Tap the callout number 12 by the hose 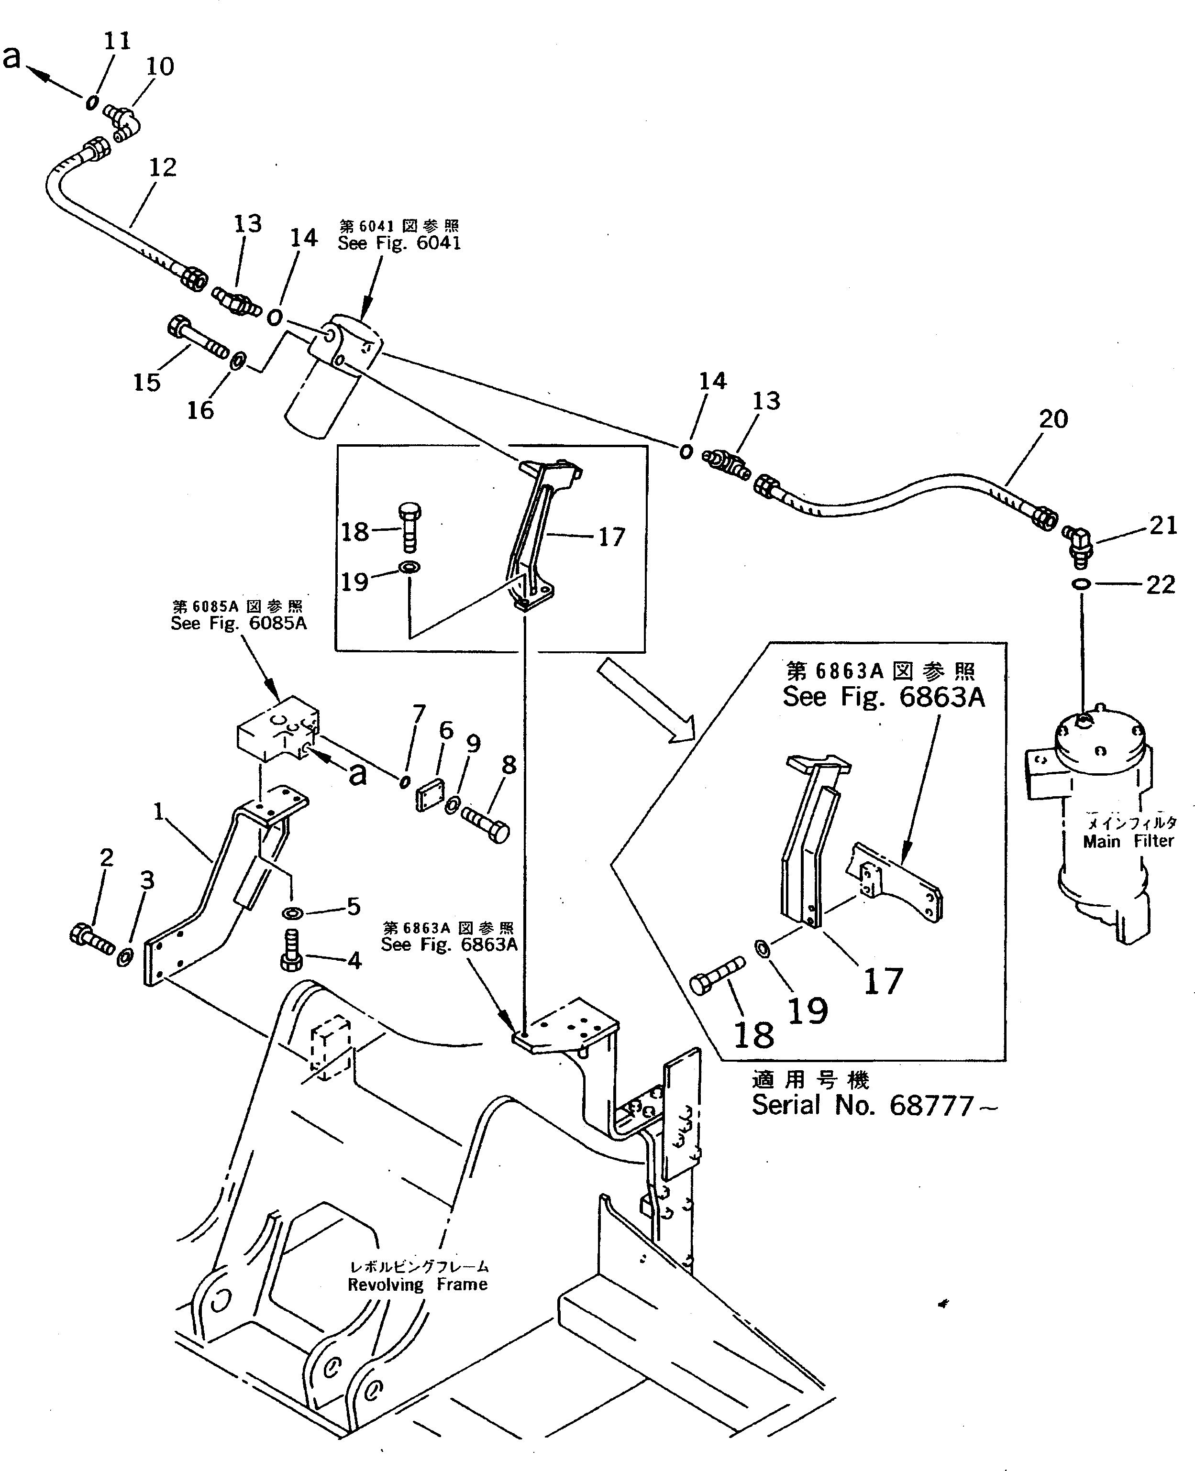[163, 167]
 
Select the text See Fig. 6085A [238, 623]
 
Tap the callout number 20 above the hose [1052, 419]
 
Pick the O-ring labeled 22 [1080, 584]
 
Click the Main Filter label [1128, 841]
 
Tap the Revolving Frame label [417, 1284]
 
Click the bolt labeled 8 [486, 823]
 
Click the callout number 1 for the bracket [158, 812]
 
